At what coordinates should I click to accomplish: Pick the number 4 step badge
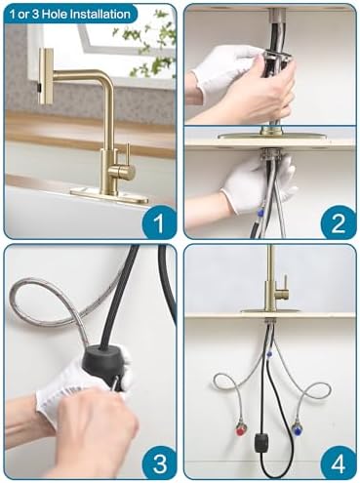(x=338, y=460)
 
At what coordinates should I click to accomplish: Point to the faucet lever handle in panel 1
(x=125, y=159)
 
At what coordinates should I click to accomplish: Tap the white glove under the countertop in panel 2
(x=256, y=185)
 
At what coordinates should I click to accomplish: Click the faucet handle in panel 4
(x=283, y=289)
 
